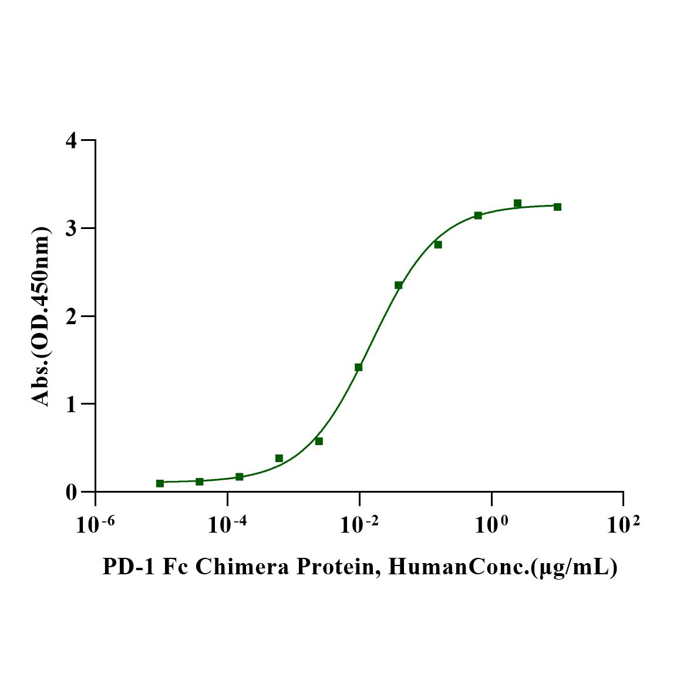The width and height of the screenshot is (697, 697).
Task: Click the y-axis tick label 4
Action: (x=72, y=140)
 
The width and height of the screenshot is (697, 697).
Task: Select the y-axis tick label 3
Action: (x=72, y=228)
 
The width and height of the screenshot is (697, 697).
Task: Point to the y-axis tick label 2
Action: (x=72, y=316)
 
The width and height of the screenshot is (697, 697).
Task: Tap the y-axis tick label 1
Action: (x=72, y=404)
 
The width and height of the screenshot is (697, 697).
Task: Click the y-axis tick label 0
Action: (x=72, y=492)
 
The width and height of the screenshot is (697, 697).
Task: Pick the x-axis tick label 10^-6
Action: (x=95, y=524)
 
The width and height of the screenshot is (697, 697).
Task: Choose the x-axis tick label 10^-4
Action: (x=227, y=524)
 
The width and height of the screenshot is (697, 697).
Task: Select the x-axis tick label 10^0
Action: (x=491, y=524)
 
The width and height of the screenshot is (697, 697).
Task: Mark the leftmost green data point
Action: (x=160, y=483)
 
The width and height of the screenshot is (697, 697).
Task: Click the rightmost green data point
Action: (x=557, y=207)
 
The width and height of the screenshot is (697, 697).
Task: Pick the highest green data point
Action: (x=517, y=203)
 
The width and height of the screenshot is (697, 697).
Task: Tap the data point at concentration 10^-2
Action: (x=358, y=367)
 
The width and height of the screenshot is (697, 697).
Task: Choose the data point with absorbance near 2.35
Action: (x=398, y=285)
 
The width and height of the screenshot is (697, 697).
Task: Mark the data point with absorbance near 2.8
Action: (x=438, y=244)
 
